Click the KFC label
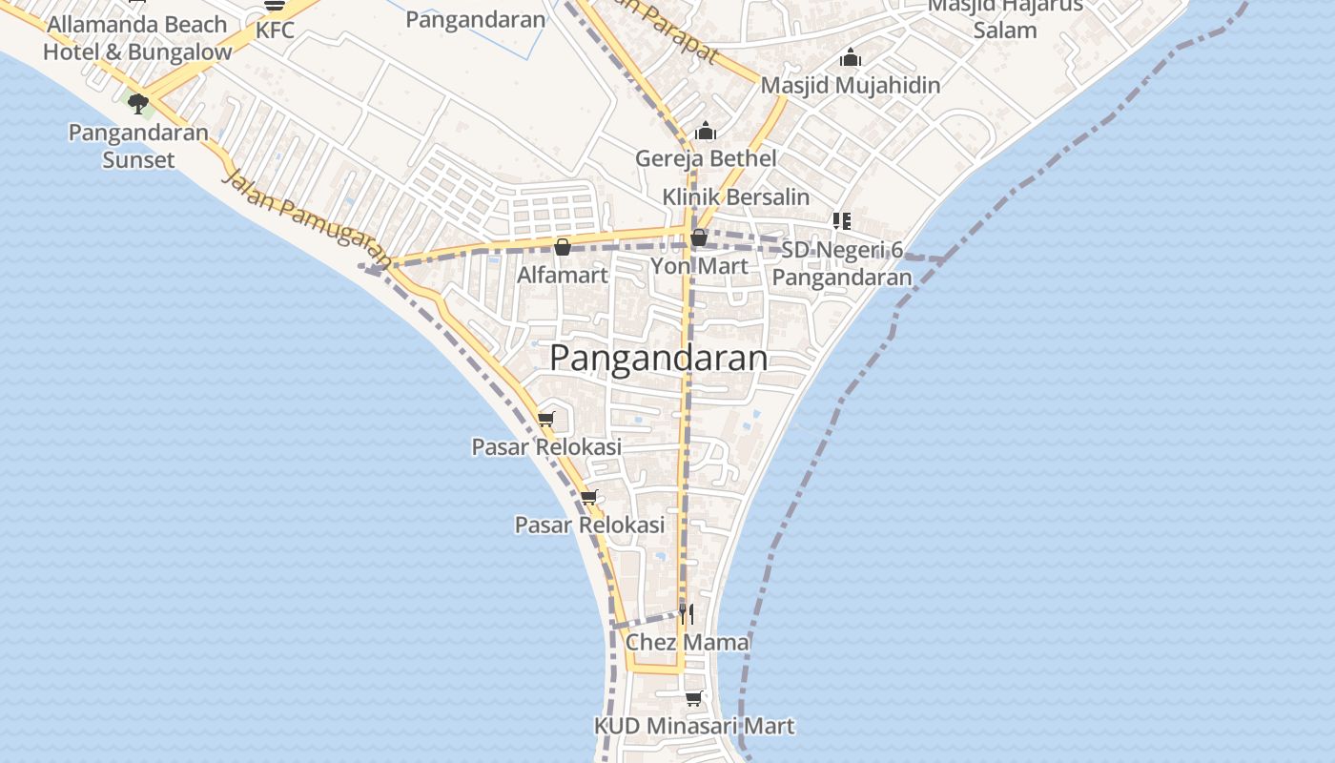[275, 31]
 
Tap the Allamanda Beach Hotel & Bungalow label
[137, 38]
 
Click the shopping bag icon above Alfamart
[563, 248]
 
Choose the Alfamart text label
[563, 276]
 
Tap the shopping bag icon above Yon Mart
[699, 237]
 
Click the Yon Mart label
[699, 266]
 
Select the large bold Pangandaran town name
[659, 359]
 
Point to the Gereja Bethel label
[706, 158]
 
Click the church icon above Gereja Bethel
[706, 132]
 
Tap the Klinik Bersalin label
[736, 197]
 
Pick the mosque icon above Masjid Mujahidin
[851, 58]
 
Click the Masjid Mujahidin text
[851, 86]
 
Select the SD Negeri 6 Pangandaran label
[842, 264]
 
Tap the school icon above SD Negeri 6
[841, 221]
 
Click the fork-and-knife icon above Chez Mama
[687, 614]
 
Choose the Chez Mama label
[688, 643]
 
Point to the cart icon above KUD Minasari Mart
[693, 699]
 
